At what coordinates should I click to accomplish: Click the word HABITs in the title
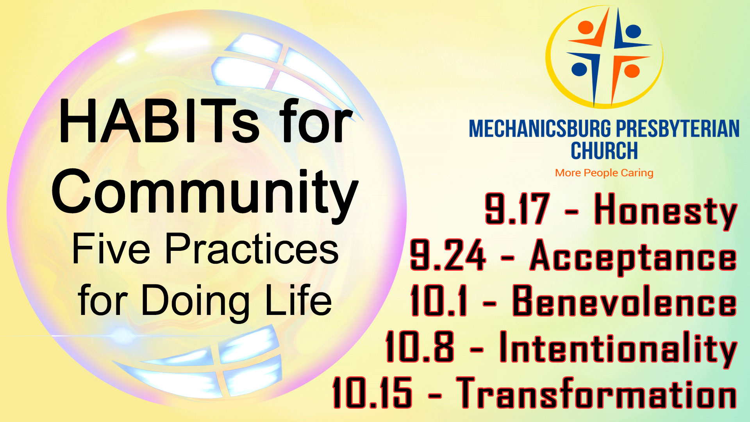pos(159,121)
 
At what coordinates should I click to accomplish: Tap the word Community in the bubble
pos(205,193)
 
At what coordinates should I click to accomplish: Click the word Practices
pos(252,249)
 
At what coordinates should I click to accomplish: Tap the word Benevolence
pos(625,301)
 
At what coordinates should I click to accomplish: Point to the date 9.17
pos(517,209)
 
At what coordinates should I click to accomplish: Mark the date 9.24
pos(448,255)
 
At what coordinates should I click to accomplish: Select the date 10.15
pos(372,393)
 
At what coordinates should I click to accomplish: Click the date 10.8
pos(420,347)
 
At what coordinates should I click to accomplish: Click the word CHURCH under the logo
pos(604,151)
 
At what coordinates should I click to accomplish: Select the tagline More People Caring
pos(604,173)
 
